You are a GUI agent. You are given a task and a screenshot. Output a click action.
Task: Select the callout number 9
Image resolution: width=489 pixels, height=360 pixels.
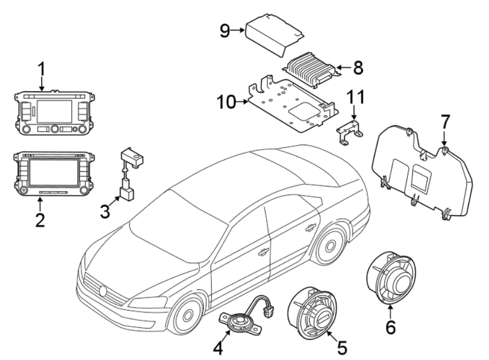click(x=224, y=31)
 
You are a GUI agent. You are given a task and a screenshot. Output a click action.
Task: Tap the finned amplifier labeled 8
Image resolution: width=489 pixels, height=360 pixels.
click(x=311, y=69)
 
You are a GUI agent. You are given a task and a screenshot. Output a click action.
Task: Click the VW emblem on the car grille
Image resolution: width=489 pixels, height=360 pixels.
click(x=103, y=291)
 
